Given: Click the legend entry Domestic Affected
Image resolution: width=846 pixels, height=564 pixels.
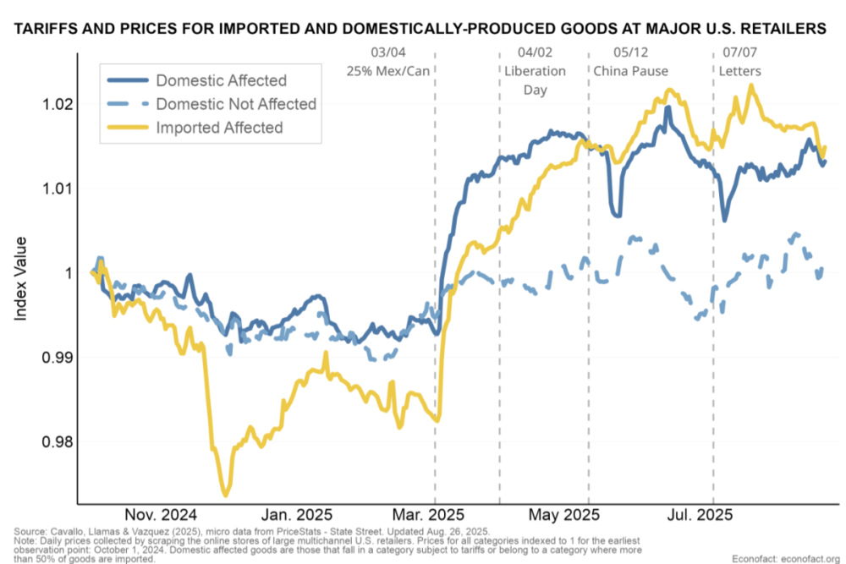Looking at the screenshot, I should pyautogui.click(x=221, y=81).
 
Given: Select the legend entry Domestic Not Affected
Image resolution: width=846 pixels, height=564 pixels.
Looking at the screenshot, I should pyautogui.click(x=235, y=104).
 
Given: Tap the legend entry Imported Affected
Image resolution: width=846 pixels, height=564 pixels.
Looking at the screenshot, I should pyautogui.click(x=218, y=128).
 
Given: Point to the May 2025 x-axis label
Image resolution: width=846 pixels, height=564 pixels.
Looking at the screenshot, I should pyautogui.click(x=564, y=514).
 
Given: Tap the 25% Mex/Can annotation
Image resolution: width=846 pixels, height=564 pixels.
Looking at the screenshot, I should pyautogui.click(x=388, y=70).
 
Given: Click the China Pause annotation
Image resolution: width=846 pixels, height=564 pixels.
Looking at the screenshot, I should pyautogui.click(x=631, y=70).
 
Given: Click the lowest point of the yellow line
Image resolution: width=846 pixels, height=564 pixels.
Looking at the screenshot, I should pyautogui.click(x=226, y=495).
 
